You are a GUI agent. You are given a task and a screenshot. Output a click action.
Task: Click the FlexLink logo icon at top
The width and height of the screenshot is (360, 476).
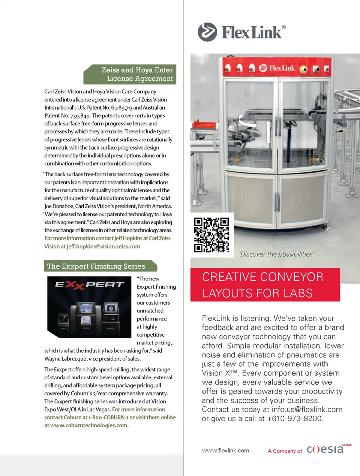(207, 32)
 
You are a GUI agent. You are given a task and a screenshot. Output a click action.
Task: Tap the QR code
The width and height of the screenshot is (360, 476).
(211, 235)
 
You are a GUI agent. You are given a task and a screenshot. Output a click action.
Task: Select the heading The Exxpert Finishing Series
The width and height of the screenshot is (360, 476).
(96, 266)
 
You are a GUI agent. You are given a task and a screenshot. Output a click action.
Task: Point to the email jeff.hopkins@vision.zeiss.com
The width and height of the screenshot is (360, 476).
(103, 246)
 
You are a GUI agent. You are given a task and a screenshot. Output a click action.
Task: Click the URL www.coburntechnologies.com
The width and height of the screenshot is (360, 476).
(89, 425)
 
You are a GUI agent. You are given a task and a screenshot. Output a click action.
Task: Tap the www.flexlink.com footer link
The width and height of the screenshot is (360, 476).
(225, 451)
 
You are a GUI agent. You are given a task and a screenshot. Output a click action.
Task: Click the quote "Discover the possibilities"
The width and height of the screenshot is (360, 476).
(277, 254)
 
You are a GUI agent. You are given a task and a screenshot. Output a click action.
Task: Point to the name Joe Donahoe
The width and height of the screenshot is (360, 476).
(59, 206)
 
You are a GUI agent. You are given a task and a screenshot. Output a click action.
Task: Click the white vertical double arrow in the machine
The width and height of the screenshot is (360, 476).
(268, 132)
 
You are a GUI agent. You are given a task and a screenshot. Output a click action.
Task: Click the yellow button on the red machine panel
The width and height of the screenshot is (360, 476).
(303, 69)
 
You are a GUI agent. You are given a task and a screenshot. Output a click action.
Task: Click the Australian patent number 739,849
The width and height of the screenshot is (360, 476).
(80, 115)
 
